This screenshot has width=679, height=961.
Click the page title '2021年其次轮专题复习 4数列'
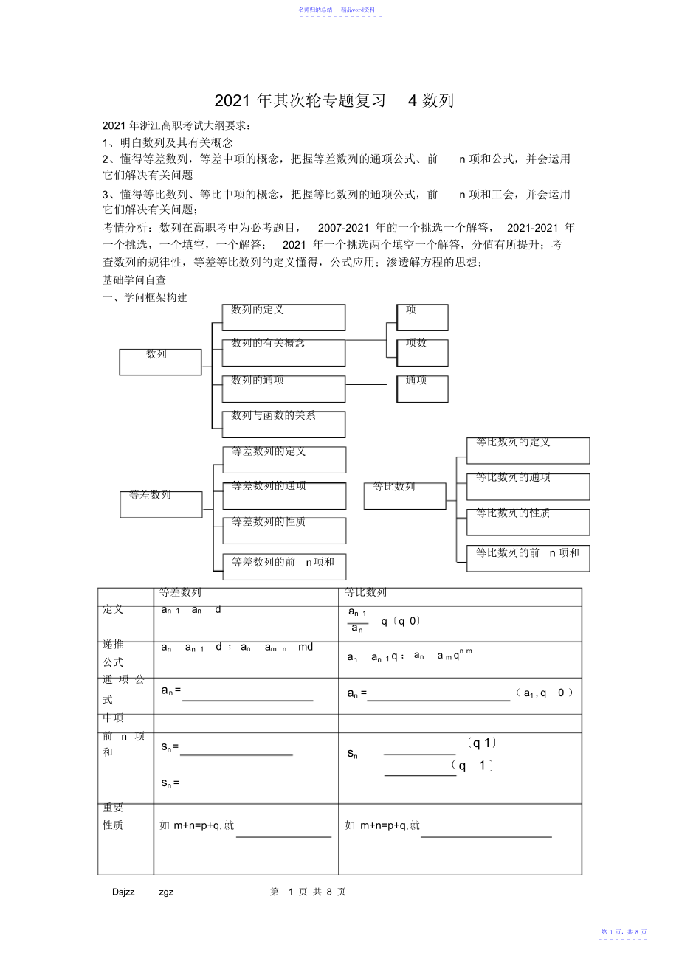334,101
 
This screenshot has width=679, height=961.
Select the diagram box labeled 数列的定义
283,317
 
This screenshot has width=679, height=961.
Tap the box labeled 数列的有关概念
283,353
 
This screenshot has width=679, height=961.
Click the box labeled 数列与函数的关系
283,424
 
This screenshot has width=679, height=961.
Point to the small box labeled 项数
422,353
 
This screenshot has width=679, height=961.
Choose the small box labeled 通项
422,389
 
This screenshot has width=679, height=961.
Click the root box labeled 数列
160,361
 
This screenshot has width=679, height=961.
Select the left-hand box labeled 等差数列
161,504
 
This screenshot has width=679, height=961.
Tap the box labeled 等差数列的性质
284,530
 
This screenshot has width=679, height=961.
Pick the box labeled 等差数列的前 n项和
284,566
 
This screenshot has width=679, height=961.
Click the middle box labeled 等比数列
404,496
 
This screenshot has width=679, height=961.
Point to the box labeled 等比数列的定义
528,451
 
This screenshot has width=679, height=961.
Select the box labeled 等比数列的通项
528,486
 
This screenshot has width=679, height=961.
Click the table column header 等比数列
366,592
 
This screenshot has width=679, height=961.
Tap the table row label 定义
114,609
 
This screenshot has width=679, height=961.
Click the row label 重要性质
114,816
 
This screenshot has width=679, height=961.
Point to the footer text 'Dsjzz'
124,892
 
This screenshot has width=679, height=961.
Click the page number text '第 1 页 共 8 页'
308,892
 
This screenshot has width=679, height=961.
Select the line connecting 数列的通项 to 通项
366,384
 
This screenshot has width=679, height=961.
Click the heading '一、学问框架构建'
145,297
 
